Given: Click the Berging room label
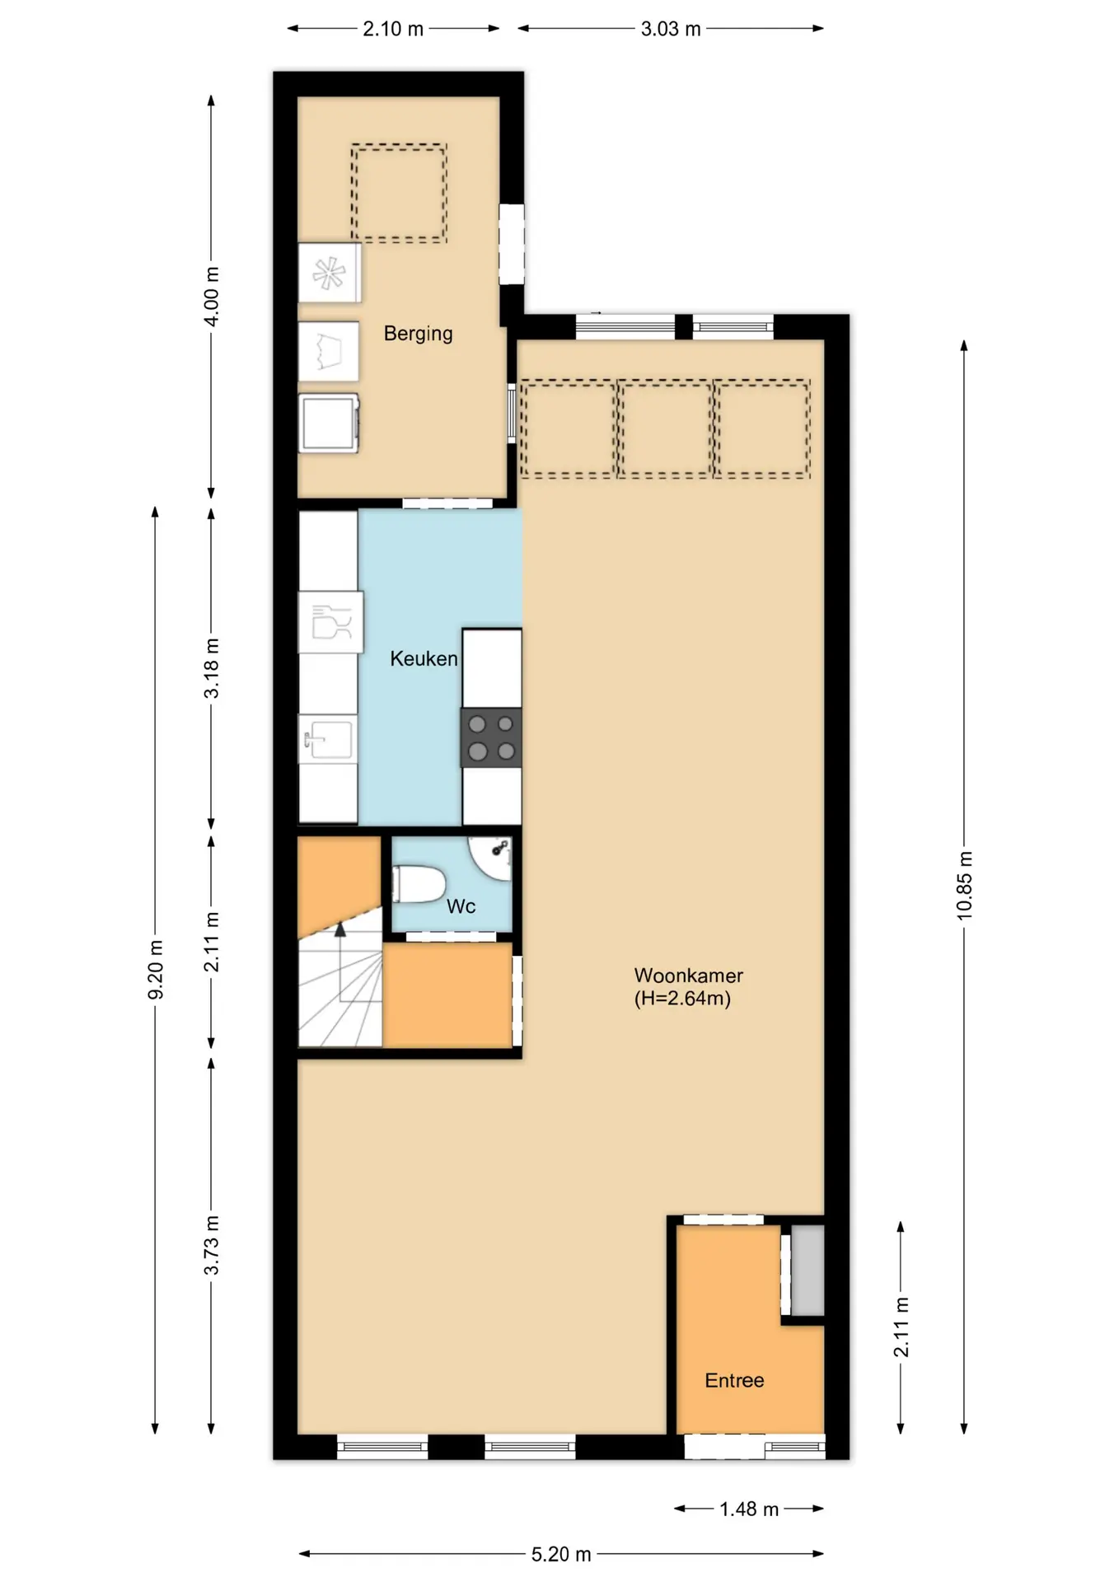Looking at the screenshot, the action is pyautogui.click(x=418, y=334).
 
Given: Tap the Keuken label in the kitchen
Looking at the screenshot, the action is pyautogui.click(x=424, y=658).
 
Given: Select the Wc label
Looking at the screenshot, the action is pyautogui.click(x=461, y=906).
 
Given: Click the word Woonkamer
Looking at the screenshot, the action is pyautogui.click(x=688, y=976).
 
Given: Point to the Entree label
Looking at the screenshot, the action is pyautogui.click(x=734, y=1380).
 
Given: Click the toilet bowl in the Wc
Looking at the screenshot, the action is pyautogui.click(x=419, y=884).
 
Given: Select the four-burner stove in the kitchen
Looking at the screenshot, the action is pyautogui.click(x=491, y=737).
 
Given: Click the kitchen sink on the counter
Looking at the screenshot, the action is pyautogui.click(x=328, y=739).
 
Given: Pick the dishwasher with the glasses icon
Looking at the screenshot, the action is pyautogui.click(x=330, y=622).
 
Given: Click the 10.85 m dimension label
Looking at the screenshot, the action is pyautogui.click(x=964, y=885).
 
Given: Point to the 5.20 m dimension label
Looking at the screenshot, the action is pyautogui.click(x=561, y=1554).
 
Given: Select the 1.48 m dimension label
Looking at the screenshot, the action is pyautogui.click(x=749, y=1509).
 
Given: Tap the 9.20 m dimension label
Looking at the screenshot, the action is pyautogui.click(x=155, y=969).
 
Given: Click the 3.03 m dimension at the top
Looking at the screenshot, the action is pyautogui.click(x=671, y=29).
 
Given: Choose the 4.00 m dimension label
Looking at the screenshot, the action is pyautogui.click(x=211, y=297).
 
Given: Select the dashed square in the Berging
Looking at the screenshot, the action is pyautogui.click(x=399, y=193).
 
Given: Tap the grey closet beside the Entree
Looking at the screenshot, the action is pyautogui.click(x=808, y=1270).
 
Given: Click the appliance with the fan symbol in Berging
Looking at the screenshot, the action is pyautogui.click(x=330, y=273).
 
